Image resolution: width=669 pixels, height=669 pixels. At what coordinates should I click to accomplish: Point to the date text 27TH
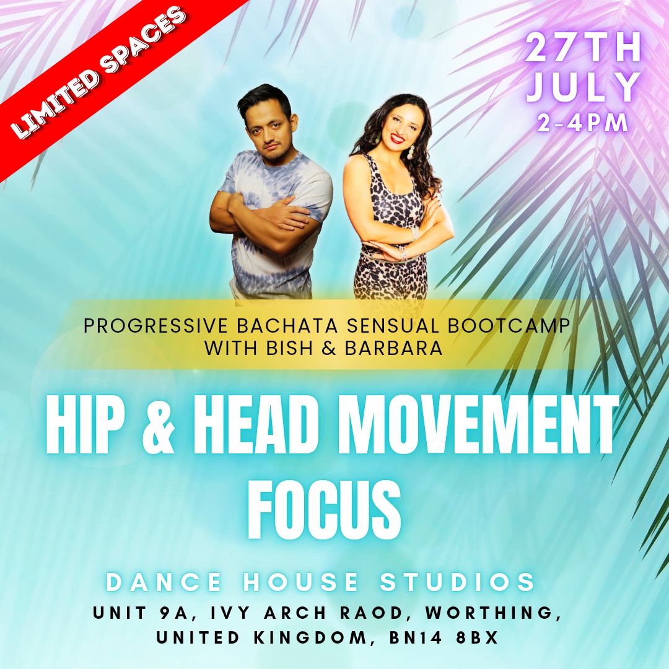click(583, 48)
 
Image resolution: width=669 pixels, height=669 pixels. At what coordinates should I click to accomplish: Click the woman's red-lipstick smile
click(397, 139)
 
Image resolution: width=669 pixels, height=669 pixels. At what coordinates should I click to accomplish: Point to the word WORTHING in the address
click(493, 613)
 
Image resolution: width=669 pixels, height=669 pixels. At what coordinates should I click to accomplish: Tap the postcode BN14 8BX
click(444, 638)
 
